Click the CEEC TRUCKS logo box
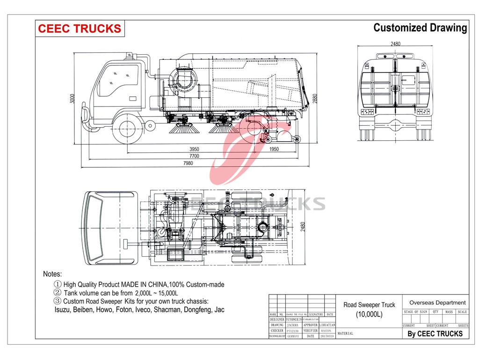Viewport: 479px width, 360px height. pyautogui.click(x=79, y=29)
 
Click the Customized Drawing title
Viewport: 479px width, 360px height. pyautogui.click(x=420, y=28)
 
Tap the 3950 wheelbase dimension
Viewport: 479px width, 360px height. pyautogui.click(x=194, y=149)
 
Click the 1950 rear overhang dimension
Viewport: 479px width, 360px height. pyautogui.click(x=274, y=149)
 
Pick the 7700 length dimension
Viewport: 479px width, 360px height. pyautogui.click(x=194, y=156)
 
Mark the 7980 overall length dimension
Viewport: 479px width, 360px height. pyautogui.click(x=188, y=164)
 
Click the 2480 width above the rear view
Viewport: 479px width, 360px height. pyautogui.click(x=395, y=44)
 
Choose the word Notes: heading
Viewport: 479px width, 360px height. pyautogui.click(x=52, y=274)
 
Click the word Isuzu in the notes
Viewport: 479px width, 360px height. pyautogui.click(x=63, y=310)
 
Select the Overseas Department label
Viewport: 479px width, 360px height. pyautogui.click(x=437, y=302)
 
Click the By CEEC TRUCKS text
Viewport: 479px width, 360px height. pyautogui.click(x=435, y=333)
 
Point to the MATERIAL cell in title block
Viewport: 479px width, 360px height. pyautogui.click(x=345, y=333)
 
